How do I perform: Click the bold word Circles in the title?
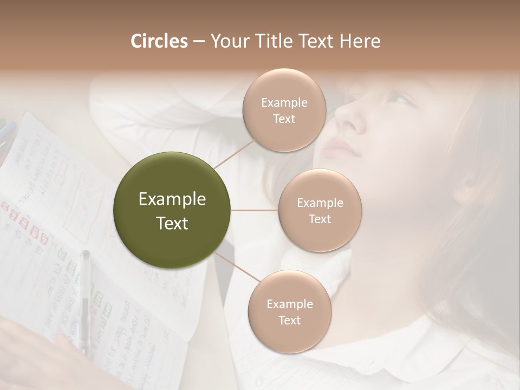[x=159, y=41]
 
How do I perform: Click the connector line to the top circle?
[x=235, y=153]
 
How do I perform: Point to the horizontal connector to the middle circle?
[x=255, y=210]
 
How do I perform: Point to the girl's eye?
[x=400, y=99]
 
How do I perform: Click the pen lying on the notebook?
[x=85, y=298]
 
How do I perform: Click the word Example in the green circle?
[x=172, y=199]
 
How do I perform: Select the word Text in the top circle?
[x=284, y=119]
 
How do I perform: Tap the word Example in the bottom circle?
[x=289, y=304]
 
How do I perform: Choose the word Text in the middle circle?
[x=320, y=219]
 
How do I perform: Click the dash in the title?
[x=199, y=42]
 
